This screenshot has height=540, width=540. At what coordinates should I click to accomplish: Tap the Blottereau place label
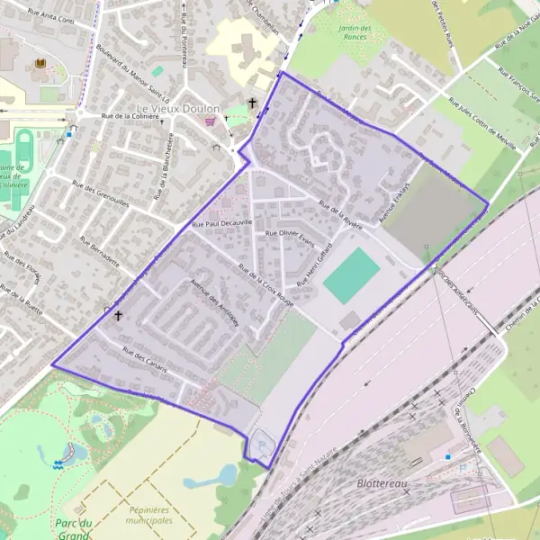382,483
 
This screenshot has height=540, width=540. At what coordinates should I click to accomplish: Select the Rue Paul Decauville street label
222,221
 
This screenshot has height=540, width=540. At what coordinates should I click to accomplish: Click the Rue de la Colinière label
135,116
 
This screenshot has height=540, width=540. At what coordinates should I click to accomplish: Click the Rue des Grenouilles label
101,195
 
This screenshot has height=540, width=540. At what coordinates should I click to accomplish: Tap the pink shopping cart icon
211,121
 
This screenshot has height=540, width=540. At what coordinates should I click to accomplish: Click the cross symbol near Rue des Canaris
118,316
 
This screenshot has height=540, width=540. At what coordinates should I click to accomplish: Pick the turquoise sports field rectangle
352,275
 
